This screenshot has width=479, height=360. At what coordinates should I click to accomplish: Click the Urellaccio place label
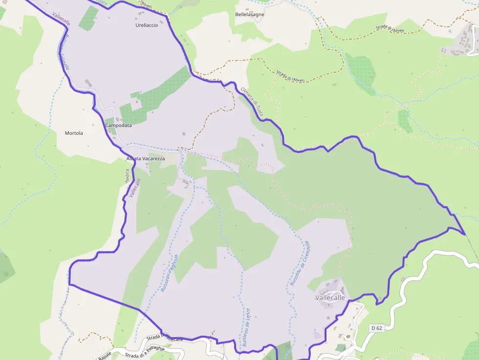(x=147, y=25)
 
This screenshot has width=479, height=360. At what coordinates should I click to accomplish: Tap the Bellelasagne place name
(x=250, y=15)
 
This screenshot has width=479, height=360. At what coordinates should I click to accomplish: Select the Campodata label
(x=118, y=126)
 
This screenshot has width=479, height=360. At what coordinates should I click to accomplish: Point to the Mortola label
(x=74, y=133)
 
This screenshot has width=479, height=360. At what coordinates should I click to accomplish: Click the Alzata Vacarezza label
(x=146, y=159)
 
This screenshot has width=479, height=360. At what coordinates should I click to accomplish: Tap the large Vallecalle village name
(x=330, y=297)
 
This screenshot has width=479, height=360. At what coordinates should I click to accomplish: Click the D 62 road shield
(x=376, y=328)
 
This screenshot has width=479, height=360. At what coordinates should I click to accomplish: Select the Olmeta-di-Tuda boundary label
(x=252, y=102)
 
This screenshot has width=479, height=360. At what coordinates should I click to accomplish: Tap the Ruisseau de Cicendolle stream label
(x=300, y=263)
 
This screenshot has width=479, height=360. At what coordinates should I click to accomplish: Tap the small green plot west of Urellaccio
(x=88, y=18)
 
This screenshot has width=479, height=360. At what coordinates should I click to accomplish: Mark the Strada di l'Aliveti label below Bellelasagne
(x=290, y=76)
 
